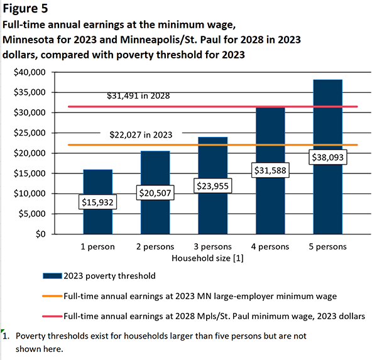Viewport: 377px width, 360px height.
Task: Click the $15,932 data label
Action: [x=98, y=202]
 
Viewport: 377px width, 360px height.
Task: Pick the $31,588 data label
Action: [x=270, y=170]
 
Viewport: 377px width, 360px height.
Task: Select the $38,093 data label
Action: [x=327, y=158]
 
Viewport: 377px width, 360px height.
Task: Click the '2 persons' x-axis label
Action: [x=155, y=247]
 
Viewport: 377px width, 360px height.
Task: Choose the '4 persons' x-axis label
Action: [x=270, y=247]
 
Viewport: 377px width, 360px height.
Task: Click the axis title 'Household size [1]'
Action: [x=212, y=258]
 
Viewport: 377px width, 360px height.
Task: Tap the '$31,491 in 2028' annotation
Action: [x=138, y=96]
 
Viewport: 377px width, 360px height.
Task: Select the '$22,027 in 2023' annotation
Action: [x=141, y=134]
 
